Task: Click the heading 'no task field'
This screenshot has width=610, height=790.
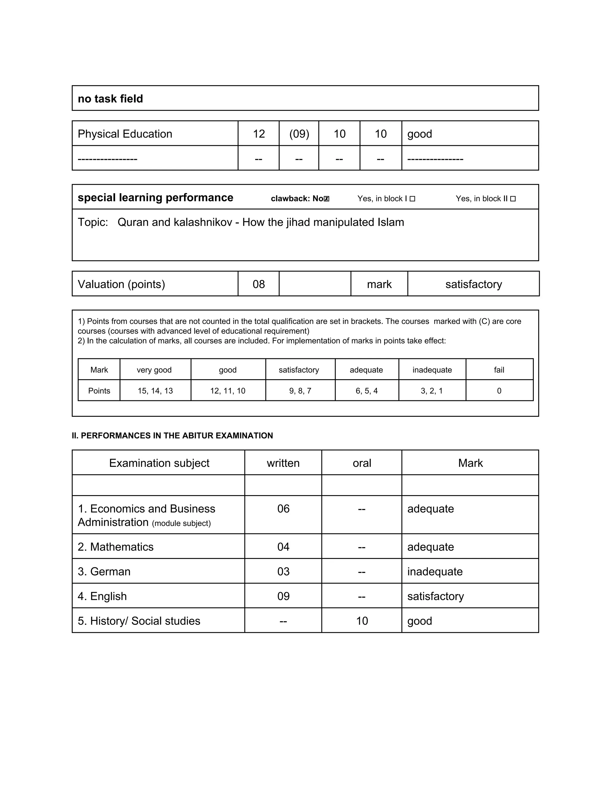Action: tap(110, 99)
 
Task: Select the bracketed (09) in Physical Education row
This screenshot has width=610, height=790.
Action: tap(299, 134)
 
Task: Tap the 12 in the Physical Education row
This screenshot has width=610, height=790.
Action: tap(259, 134)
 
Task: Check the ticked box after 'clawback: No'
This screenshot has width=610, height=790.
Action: tap(327, 199)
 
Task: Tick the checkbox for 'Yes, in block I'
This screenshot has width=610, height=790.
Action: tap(412, 199)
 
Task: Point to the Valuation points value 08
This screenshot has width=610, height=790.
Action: tap(259, 284)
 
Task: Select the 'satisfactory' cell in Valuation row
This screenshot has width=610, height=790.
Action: tap(473, 284)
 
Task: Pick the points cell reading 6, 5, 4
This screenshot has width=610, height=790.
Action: tap(366, 391)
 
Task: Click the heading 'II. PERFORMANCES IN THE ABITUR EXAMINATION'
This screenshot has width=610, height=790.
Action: tap(172, 436)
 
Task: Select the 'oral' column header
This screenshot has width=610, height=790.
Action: tap(362, 463)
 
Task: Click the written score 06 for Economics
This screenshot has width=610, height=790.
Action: tap(283, 509)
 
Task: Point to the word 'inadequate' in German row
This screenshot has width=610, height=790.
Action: tap(435, 571)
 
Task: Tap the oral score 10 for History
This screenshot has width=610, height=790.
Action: tap(362, 621)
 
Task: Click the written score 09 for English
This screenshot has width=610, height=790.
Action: tap(283, 596)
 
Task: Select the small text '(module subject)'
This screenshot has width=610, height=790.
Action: tap(181, 523)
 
